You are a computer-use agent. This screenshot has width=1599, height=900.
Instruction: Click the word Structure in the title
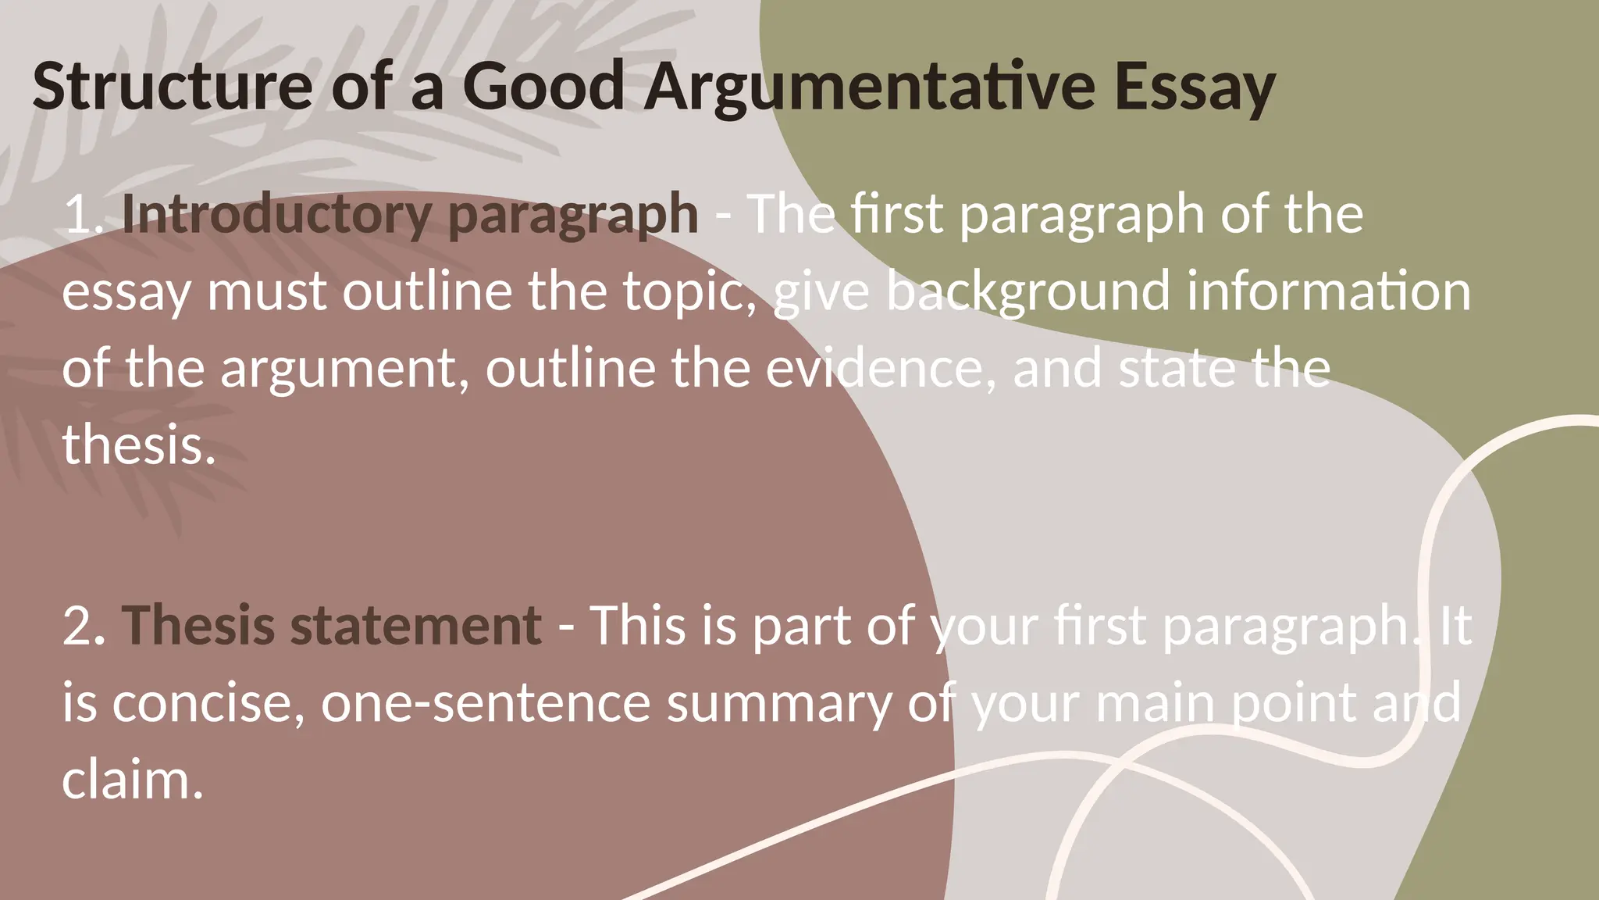[x=172, y=86]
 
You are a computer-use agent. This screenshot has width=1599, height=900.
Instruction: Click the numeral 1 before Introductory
[x=79, y=213]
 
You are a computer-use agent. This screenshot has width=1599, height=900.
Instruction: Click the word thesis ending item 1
[x=137, y=445]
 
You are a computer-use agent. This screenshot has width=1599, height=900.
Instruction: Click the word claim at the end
[x=132, y=780]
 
